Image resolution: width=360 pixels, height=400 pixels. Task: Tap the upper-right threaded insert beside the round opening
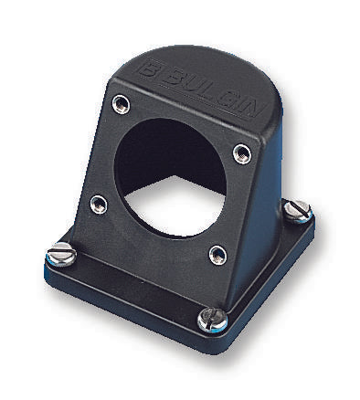pyautogui.click(x=241, y=152)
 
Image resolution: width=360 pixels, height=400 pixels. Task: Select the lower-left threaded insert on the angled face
pyautogui.click(x=98, y=204)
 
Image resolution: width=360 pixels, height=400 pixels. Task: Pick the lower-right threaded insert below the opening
pyautogui.click(x=217, y=254)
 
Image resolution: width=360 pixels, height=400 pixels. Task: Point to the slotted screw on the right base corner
pyautogui.click(x=296, y=211)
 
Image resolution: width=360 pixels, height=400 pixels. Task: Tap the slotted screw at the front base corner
pyautogui.click(x=211, y=319)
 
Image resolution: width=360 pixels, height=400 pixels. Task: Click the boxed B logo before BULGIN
pyautogui.click(x=150, y=67)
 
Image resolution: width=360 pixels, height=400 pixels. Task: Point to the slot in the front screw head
pyautogui.click(x=211, y=319)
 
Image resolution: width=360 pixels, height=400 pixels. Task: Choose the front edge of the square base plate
pyautogui.click(x=128, y=306)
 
